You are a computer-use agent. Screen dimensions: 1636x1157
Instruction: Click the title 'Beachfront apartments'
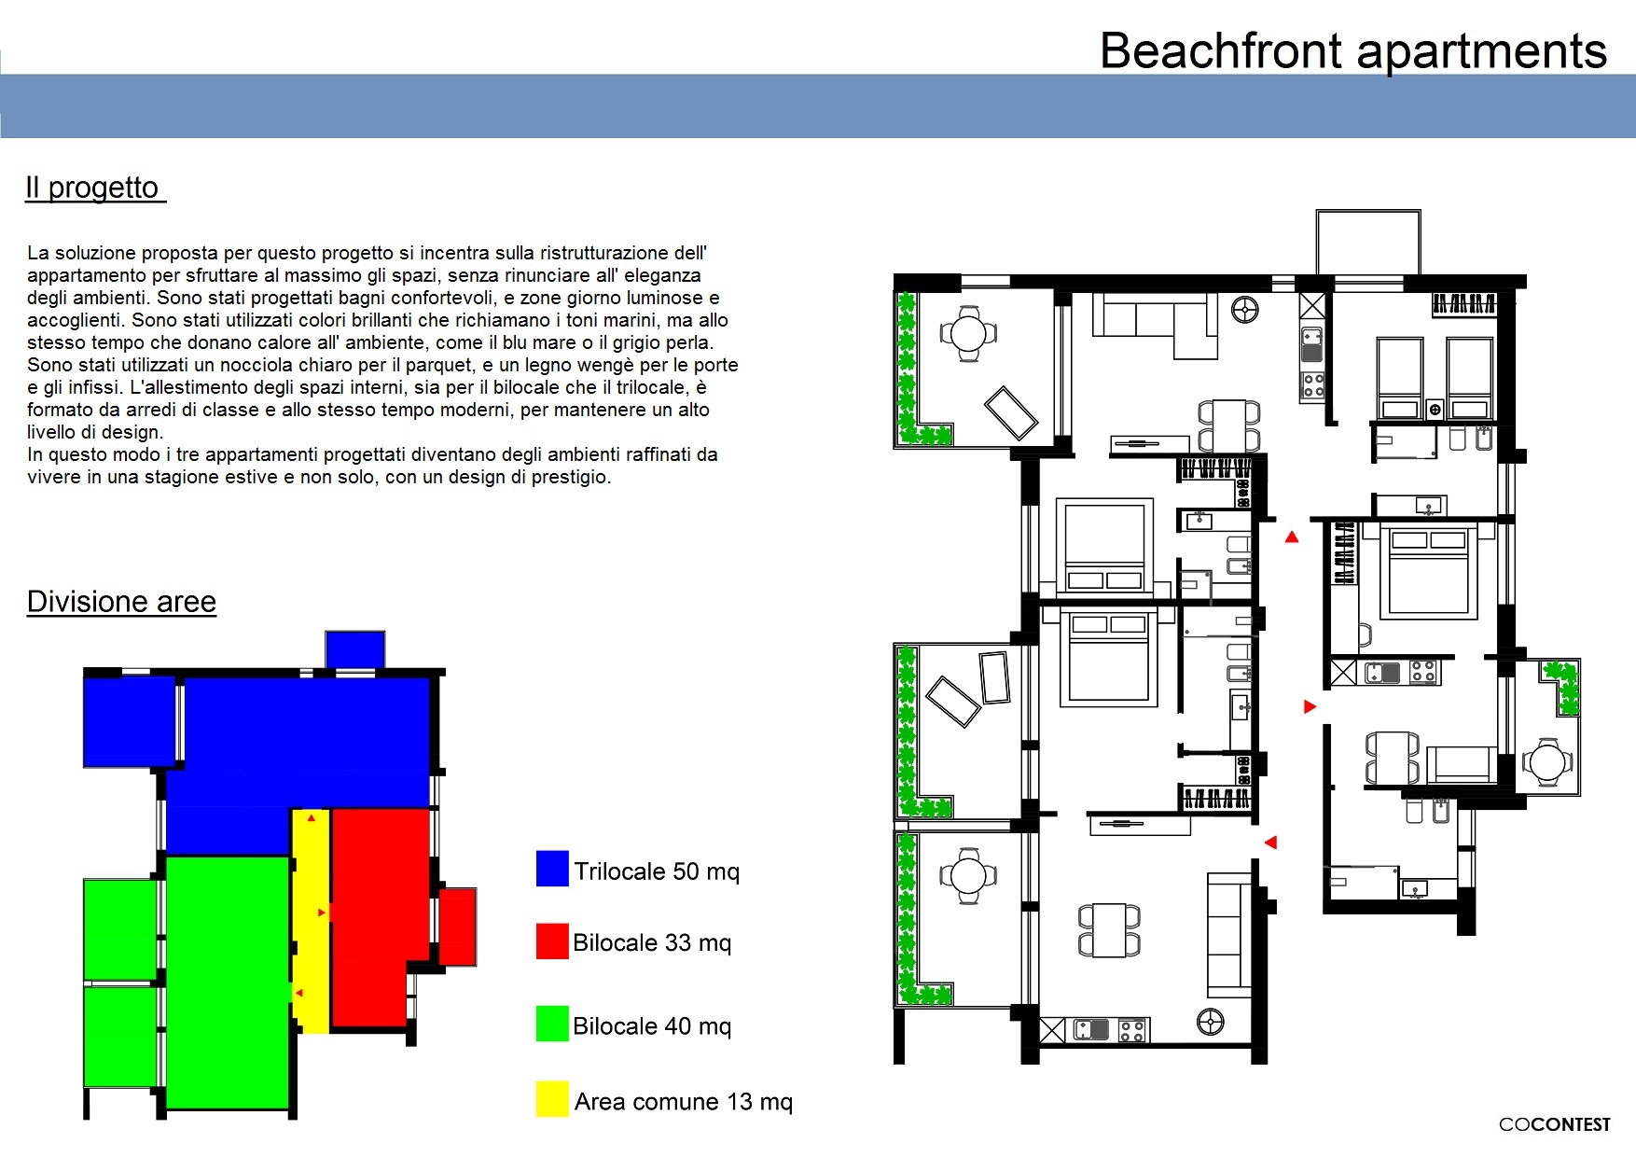pyautogui.click(x=1353, y=50)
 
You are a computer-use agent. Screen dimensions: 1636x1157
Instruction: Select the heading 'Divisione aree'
pyautogui.click(x=121, y=602)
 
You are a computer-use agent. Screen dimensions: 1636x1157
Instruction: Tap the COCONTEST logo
pyautogui.click(x=1554, y=1124)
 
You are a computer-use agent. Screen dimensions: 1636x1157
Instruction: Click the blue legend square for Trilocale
pyautogui.click(x=552, y=869)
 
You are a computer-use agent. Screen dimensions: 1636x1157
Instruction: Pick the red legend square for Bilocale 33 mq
pyautogui.click(x=552, y=941)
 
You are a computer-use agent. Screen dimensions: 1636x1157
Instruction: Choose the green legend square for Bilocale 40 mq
pyautogui.click(x=552, y=1024)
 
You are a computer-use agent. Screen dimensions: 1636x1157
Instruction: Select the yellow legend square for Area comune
pyautogui.click(x=552, y=1098)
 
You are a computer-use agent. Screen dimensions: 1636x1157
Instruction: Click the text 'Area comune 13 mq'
pyautogui.click(x=684, y=1102)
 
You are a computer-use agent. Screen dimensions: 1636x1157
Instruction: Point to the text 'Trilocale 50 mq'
pyautogui.click(x=657, y=871)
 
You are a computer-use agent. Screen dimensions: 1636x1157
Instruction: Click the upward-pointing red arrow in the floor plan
pyautogui.click(x=1292, y=537)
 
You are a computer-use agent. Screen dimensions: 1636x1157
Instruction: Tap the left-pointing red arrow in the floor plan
pyautogui.click(x=1270, y=843)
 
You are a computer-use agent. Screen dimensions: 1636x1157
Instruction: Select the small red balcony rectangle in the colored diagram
pyautogui.click(x=458, y=927)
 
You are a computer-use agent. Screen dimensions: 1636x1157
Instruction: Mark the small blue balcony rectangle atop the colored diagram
pyautogui.click(x=355, y=649)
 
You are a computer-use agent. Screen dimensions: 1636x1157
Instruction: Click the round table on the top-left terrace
pyautogui.click(x=968, y=333)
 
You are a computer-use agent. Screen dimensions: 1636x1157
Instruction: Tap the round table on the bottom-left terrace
pyautogui.click(x=968, y=876)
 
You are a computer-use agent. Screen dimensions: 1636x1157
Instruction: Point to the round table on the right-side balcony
pyautogui.click(x=1548, y=762)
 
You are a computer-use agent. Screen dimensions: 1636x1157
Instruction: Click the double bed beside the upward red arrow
pyautogui.click(x=1428, y=571)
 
